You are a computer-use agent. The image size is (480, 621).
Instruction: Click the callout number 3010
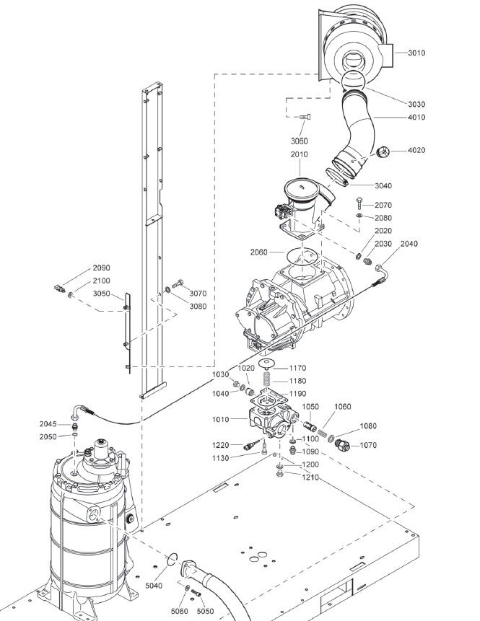[416, 53]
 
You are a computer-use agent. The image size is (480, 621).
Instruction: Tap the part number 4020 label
[416, 150]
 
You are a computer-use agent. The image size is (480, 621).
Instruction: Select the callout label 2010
[299, 154]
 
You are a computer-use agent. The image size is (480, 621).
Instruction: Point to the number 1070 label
[368, 445]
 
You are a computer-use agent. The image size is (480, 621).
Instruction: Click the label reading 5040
[154, 565]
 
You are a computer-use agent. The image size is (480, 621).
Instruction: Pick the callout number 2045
[48, 424]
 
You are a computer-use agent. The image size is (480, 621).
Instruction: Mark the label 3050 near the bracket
[102, 294]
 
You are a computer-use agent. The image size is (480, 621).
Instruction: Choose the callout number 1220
[220, 445]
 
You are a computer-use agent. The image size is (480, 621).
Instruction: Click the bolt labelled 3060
[306, 117]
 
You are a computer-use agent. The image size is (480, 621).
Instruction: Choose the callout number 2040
[409, 243]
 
